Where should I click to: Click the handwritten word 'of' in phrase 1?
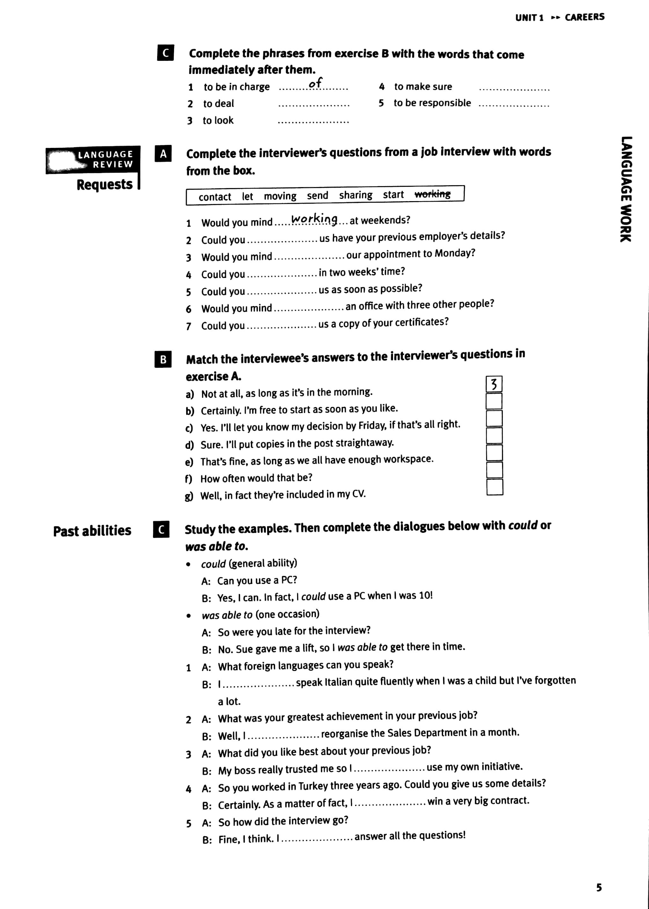pyautogui.click(x=315, y=84)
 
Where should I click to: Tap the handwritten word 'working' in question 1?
pyautogui.click(x=314, y=219)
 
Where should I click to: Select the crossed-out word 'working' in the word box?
pyautogui.click(x=432, y=194)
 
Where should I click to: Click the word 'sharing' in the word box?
pyautogui.click(x=355, y=195)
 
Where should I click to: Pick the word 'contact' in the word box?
pyautogui.click(x=215, y=197)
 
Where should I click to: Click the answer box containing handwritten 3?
pyautogui.click(x=494, y=384)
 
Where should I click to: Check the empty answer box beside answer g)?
pyautogui.click(x=495, y=487)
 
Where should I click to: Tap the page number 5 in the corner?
pyautogui.click(x=599, y=887)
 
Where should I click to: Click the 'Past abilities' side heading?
pyautogui.click(x=92, y=531)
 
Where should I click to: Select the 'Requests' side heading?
pyautogui.click(x=104, y=185)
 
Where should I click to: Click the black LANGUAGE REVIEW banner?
pyautogui.click(x=93, y=159)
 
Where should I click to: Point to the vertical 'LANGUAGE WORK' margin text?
pyautogui.click(x=626, y=189)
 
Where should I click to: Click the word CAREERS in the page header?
pyautogui.click(x=584, y=17)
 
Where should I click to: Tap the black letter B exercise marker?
pyautogui.click(x=163, y=359)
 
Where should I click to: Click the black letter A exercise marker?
pyautogui.click(x=163, y=154)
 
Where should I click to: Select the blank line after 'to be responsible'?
pyautogui.click(x=514, y=104)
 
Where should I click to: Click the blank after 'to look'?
pyautogui.click(x=313, y=121)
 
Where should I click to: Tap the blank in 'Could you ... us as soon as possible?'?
pyautogui.click(x=282, y=292)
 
